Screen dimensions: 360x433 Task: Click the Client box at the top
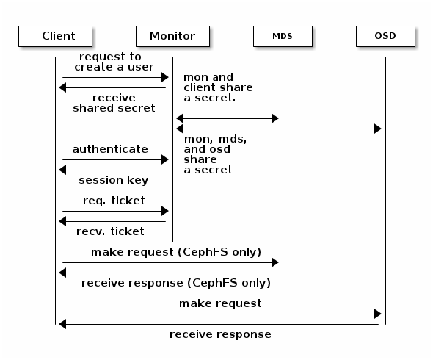(58, 35)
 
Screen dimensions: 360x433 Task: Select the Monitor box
(172, 35)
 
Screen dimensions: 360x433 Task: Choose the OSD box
(385, 35)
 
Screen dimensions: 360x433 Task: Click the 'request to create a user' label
(111, 62)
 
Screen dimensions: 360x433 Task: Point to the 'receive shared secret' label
(114, 102)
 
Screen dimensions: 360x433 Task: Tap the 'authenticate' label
(110, 149)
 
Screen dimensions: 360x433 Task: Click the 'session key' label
(113, 180)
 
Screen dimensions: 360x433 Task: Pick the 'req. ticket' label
(113, 201)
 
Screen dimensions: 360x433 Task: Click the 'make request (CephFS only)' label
(175, 252)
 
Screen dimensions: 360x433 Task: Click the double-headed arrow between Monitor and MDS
(228, 118)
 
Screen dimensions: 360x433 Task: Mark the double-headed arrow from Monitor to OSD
(279, 129)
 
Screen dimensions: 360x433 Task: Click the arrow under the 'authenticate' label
(115, 159)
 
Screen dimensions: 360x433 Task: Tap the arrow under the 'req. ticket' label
(115, 211)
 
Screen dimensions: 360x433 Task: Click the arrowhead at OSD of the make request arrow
(377, 314)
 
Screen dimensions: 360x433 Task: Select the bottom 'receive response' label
(220, 334)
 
